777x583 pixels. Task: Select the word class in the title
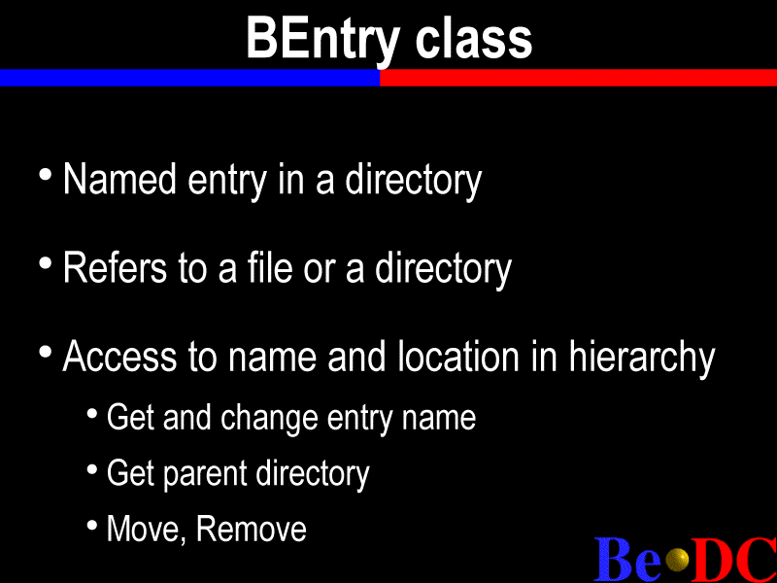tap(474, 39)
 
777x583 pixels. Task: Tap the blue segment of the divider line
tap(189, 78)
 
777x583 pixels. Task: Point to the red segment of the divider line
tap(578, 78)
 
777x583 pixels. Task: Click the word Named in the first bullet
tap(119, 179)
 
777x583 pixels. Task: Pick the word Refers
tap(115, 268)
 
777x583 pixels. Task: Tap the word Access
tap(119, 356)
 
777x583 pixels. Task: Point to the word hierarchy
tap(642, 358)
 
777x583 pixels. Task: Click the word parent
tap(205, 474)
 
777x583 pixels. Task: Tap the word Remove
tap(252, 529)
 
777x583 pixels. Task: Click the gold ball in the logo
tap(677, 560)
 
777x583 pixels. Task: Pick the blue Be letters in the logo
tap(627, 560)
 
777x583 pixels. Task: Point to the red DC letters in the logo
tap(734, 560)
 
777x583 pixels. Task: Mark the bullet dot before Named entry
tap(45, 175)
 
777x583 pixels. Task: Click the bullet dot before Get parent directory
tap(92, 469)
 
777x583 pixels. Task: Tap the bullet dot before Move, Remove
tap(92, 525)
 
